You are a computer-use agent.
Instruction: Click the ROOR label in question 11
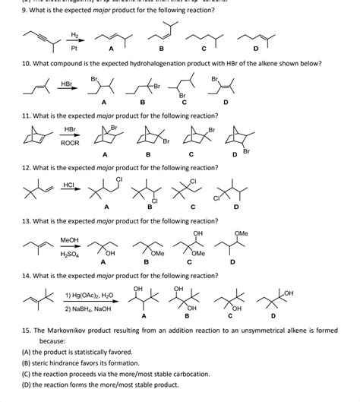click(x=69, y=142)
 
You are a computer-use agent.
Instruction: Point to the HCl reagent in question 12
click(x=68, y=185)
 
